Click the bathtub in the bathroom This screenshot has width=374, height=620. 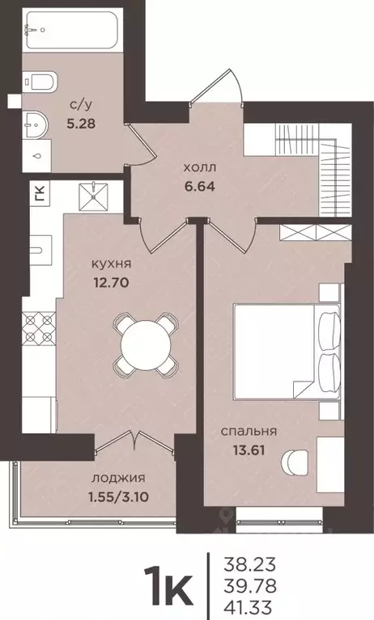click(x=72, y=32)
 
